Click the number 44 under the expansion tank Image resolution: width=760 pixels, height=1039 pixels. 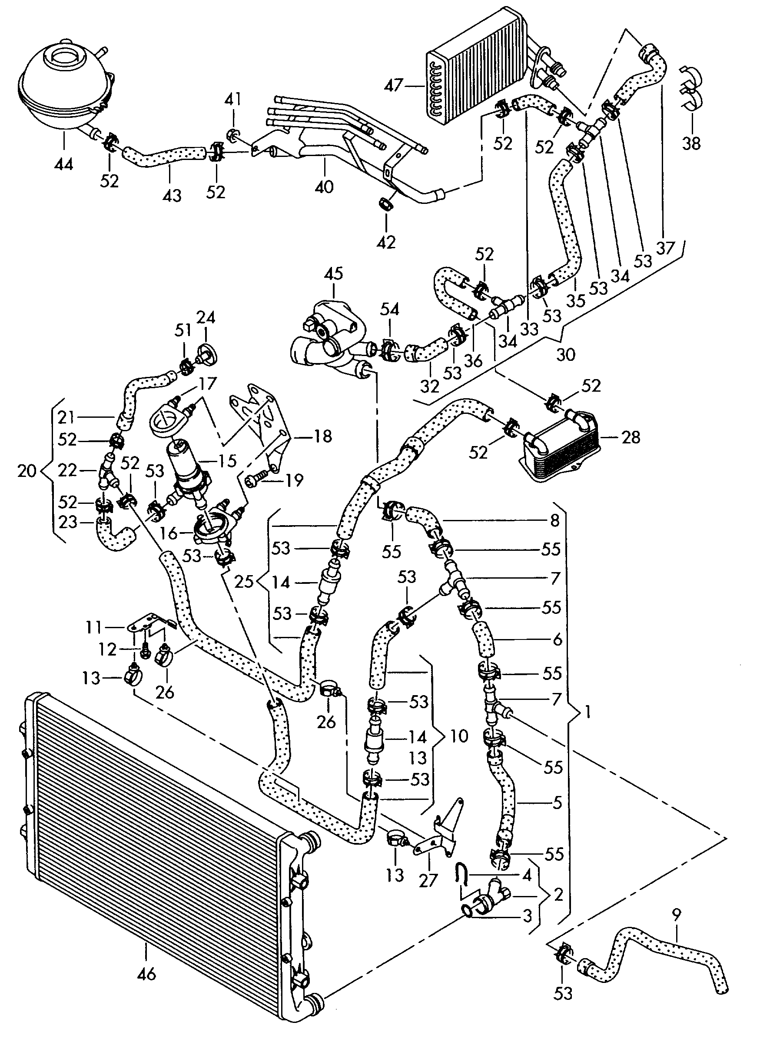click(63, 164)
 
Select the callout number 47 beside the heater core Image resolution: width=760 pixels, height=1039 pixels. click(393, 85)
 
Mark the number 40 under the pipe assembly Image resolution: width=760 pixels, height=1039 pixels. click(324, 187)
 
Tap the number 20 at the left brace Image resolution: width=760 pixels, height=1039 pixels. click(27, 471)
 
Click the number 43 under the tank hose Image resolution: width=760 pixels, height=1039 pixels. click(172, 196)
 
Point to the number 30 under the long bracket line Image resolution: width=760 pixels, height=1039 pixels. click(566, 355)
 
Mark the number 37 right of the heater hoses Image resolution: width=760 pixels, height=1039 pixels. click(665, 249)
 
